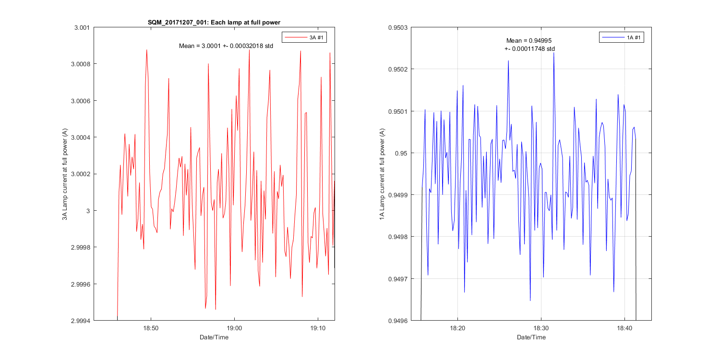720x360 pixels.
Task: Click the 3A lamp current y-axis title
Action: pyautogui.click(x=65, y=174)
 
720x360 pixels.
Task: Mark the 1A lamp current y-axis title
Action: pyautogui.click(x=382, y=174)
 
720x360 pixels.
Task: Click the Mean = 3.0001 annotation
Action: pyautogui.click(x=226, y=46)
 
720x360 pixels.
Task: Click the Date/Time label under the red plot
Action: pyautogui.click(x=214, y=337)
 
